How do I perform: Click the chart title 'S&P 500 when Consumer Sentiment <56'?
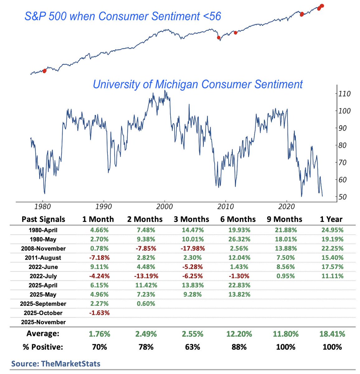pyautogui.click(x=123, y=16)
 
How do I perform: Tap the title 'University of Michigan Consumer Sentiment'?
pyautogui.click(x=198, y=84)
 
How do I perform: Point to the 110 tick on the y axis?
pyautogui.click(x=345, y=94)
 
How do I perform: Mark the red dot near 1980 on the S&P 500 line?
pyautogui.click(x=44, y=71)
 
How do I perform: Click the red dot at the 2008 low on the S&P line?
pyautogui.click(x=219, y=38)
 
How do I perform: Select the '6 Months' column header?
pyautogui.click(x=238, y=219)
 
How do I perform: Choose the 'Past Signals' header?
pyautogui.click(x=43, y=219)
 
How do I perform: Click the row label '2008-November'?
pyautogui.click(x=43, y=249)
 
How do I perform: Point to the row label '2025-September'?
pyautogui.click(x=43, y=304)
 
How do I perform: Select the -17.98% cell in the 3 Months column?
pyautogui.click(x=192, y=249)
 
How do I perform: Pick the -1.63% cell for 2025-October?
pyautogui.click(x=99, y=313)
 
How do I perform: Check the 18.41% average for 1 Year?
pyautogui.click(x=332, y=334)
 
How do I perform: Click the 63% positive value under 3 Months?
pyautogui.click(x=192, y=347)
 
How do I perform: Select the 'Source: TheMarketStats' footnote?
pyautogui.click(x=56, y=363)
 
